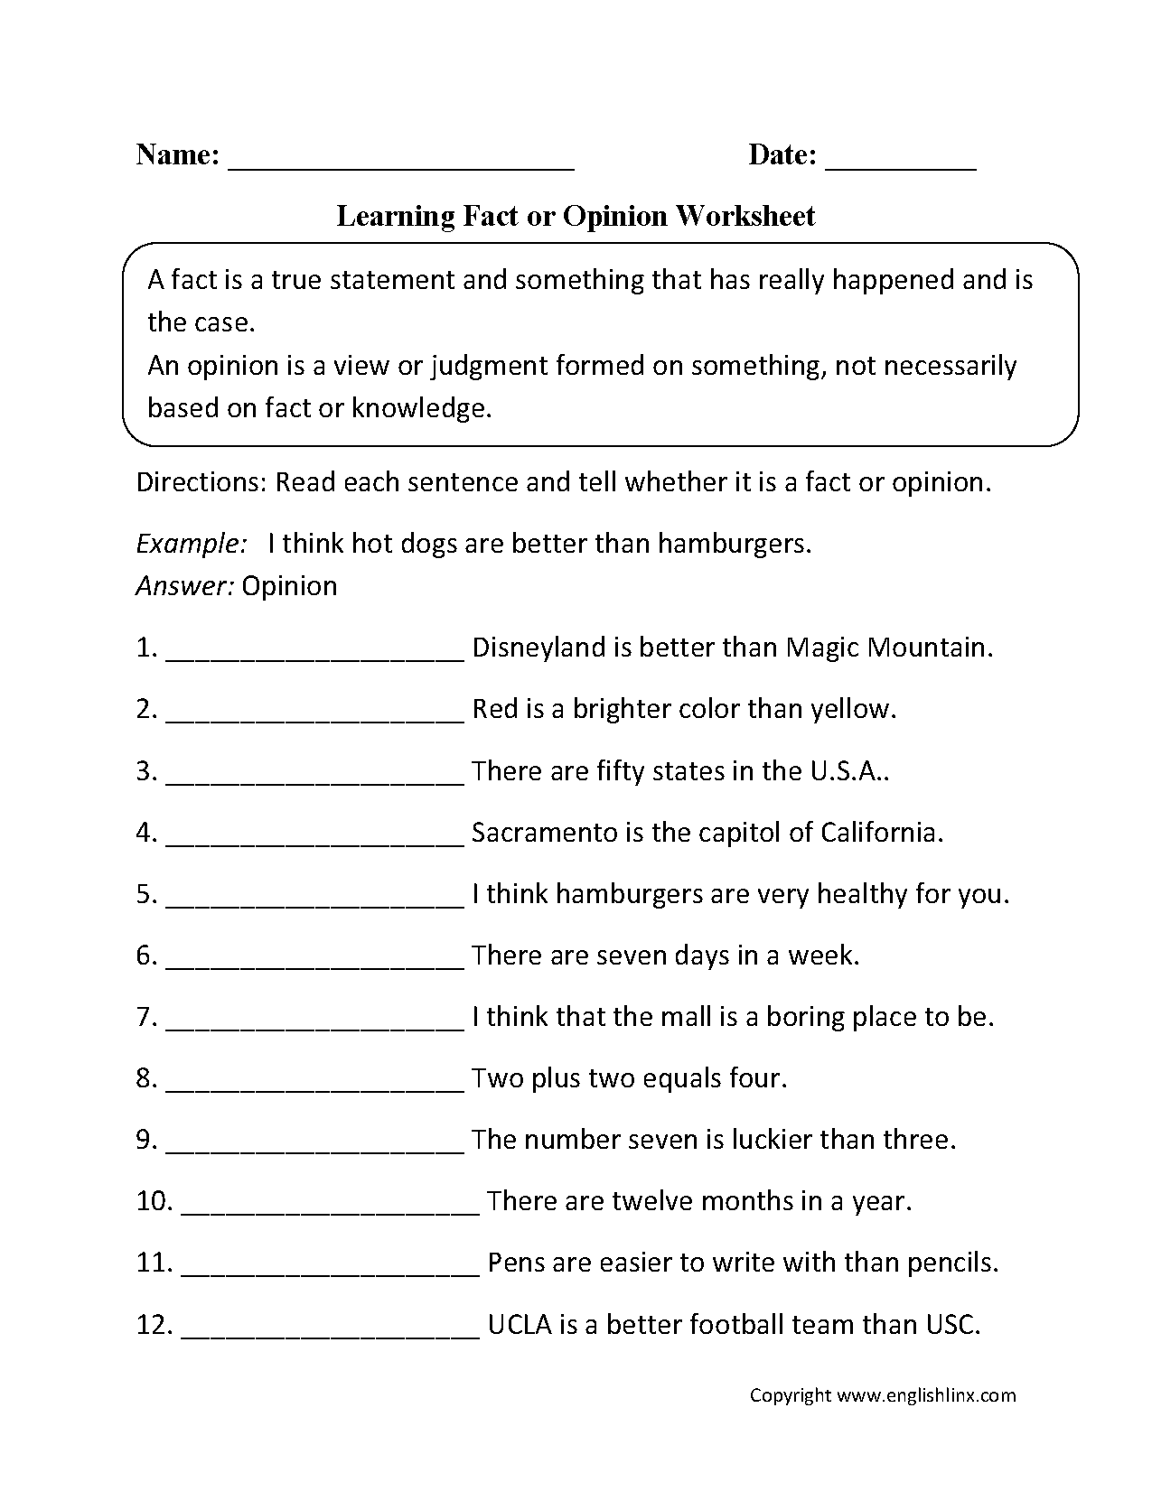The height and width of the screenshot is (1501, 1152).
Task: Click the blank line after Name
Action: click(401, 165)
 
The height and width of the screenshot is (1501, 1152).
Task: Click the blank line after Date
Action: click(901, 165)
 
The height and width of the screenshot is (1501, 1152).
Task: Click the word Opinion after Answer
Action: click(290, 586)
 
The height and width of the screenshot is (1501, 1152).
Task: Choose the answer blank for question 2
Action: click(315, 713)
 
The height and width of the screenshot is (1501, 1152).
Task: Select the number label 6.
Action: click(146, 956)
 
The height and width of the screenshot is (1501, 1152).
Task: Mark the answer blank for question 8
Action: click(315, 1083)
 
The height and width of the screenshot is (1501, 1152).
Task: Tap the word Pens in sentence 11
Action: click(515, 1263)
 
